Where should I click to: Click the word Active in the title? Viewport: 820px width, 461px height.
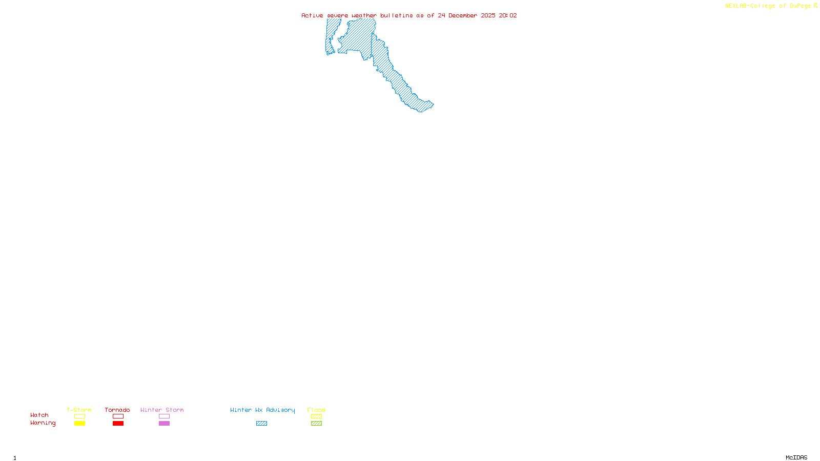312,15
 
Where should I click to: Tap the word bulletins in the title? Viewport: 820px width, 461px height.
397,15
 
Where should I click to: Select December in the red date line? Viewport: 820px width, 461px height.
463,15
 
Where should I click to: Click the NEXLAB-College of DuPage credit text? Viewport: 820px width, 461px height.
768,6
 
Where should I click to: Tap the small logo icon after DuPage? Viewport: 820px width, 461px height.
815,6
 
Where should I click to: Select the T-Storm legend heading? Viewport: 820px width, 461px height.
79,410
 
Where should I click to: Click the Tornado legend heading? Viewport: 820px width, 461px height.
117,410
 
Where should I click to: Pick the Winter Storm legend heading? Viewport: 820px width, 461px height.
162,410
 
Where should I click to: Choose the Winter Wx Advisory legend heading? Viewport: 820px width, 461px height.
262,410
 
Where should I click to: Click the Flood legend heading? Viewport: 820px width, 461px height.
316,410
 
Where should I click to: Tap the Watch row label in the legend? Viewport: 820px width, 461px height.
39,415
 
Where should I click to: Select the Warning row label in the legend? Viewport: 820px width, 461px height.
43,423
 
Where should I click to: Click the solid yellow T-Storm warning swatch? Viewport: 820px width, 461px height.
79,424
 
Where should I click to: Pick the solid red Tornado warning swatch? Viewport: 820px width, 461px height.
118,424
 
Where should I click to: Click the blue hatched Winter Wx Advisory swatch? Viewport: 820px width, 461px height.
261,424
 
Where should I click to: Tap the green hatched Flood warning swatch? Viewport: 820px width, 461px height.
316,424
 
